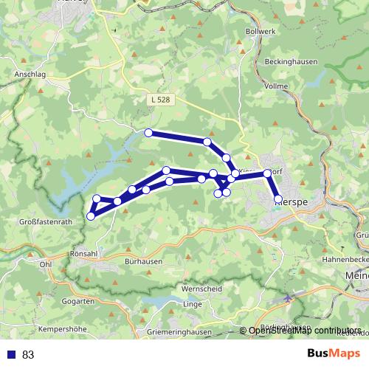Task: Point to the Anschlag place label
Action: [30, 75]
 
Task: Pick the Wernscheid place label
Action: [201, 289]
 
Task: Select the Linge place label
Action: [192, 304]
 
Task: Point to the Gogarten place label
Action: [79, 302]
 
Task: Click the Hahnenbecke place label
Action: [345, 261]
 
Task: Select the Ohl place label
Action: [46, 263]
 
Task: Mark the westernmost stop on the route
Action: [91, 215]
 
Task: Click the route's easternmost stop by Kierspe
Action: [278, 199]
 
